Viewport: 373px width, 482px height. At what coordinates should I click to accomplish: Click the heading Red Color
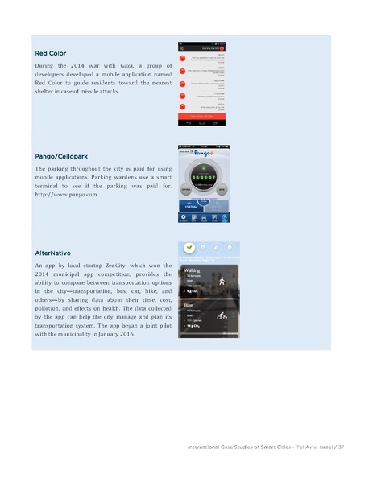tap(51, 54)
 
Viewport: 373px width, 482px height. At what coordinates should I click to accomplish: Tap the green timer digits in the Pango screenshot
tap(209, 178)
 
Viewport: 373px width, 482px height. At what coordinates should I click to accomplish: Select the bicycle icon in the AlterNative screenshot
tap(221, 316)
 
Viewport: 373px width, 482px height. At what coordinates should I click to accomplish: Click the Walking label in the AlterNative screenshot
tap(194, 271)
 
